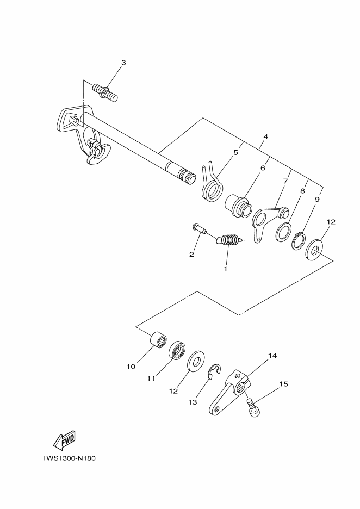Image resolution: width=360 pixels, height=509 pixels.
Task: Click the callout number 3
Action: (x=123, y=63)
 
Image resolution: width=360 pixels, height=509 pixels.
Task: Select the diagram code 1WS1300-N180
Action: (x=69, y=457)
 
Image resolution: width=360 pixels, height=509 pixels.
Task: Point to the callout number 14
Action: (x=272, y=356)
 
